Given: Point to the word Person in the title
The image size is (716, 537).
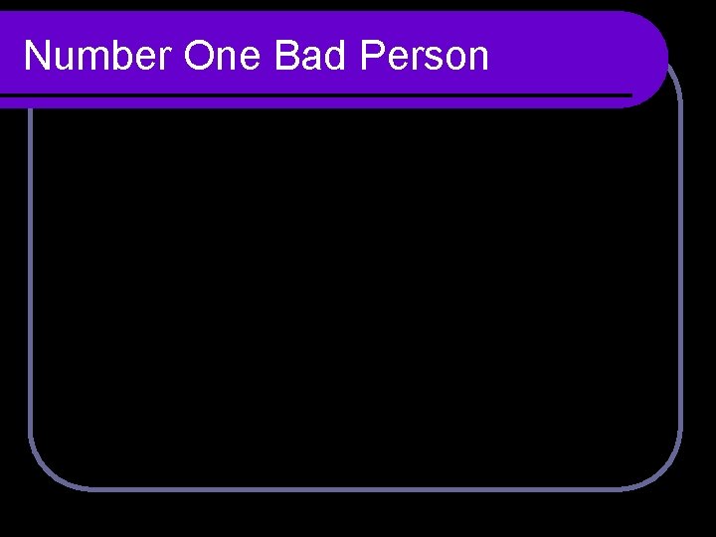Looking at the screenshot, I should tap(425, 57).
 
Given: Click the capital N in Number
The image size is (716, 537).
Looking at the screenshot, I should tap(37, 57).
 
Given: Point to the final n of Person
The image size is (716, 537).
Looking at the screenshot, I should tap(478, 59).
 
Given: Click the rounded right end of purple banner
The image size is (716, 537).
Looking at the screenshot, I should tap(652, 57).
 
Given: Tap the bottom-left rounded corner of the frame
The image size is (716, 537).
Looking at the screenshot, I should tap(46, 471).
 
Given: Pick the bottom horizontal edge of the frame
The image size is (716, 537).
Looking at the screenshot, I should tap(358, 487).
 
